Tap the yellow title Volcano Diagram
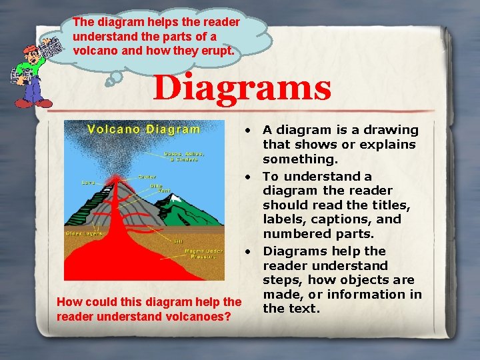click(144, 129)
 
